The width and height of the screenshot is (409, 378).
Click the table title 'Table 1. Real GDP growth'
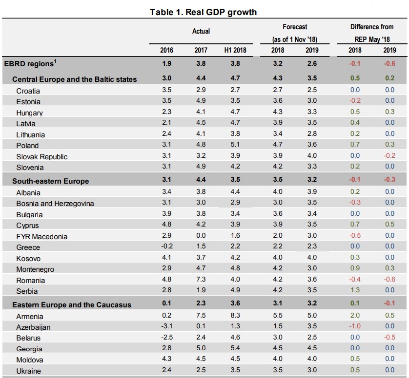point(203,12)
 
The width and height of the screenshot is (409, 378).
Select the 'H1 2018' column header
point(235,50)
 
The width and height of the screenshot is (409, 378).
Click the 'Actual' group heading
point(201,31)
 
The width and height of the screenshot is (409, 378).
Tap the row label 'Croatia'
point(28,91)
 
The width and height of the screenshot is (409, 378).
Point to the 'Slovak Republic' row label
point(42,156)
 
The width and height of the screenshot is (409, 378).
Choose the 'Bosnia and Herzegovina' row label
point(55,203)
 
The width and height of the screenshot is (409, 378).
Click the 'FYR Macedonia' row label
point(42,236)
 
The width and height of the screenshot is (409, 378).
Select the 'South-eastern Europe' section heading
point(51,181)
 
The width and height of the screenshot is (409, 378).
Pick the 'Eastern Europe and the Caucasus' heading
point(72,305)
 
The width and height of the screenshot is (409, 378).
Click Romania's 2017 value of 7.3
point(201,280)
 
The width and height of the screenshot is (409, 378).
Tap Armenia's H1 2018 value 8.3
point(235,316)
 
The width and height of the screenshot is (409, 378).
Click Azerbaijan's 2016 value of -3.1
point(166,327)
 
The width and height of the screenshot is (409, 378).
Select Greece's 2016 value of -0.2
point(166,247)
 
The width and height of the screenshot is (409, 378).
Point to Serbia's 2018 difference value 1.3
point(355,291)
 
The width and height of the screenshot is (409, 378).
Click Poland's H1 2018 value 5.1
point(235,145)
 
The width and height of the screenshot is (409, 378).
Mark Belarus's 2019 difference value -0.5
point(389,338)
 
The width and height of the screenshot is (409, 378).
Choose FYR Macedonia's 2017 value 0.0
point(201,236)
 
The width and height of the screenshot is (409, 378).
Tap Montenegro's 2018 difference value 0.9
point(355,269)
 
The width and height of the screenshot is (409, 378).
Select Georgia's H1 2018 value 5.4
point(235,349)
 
